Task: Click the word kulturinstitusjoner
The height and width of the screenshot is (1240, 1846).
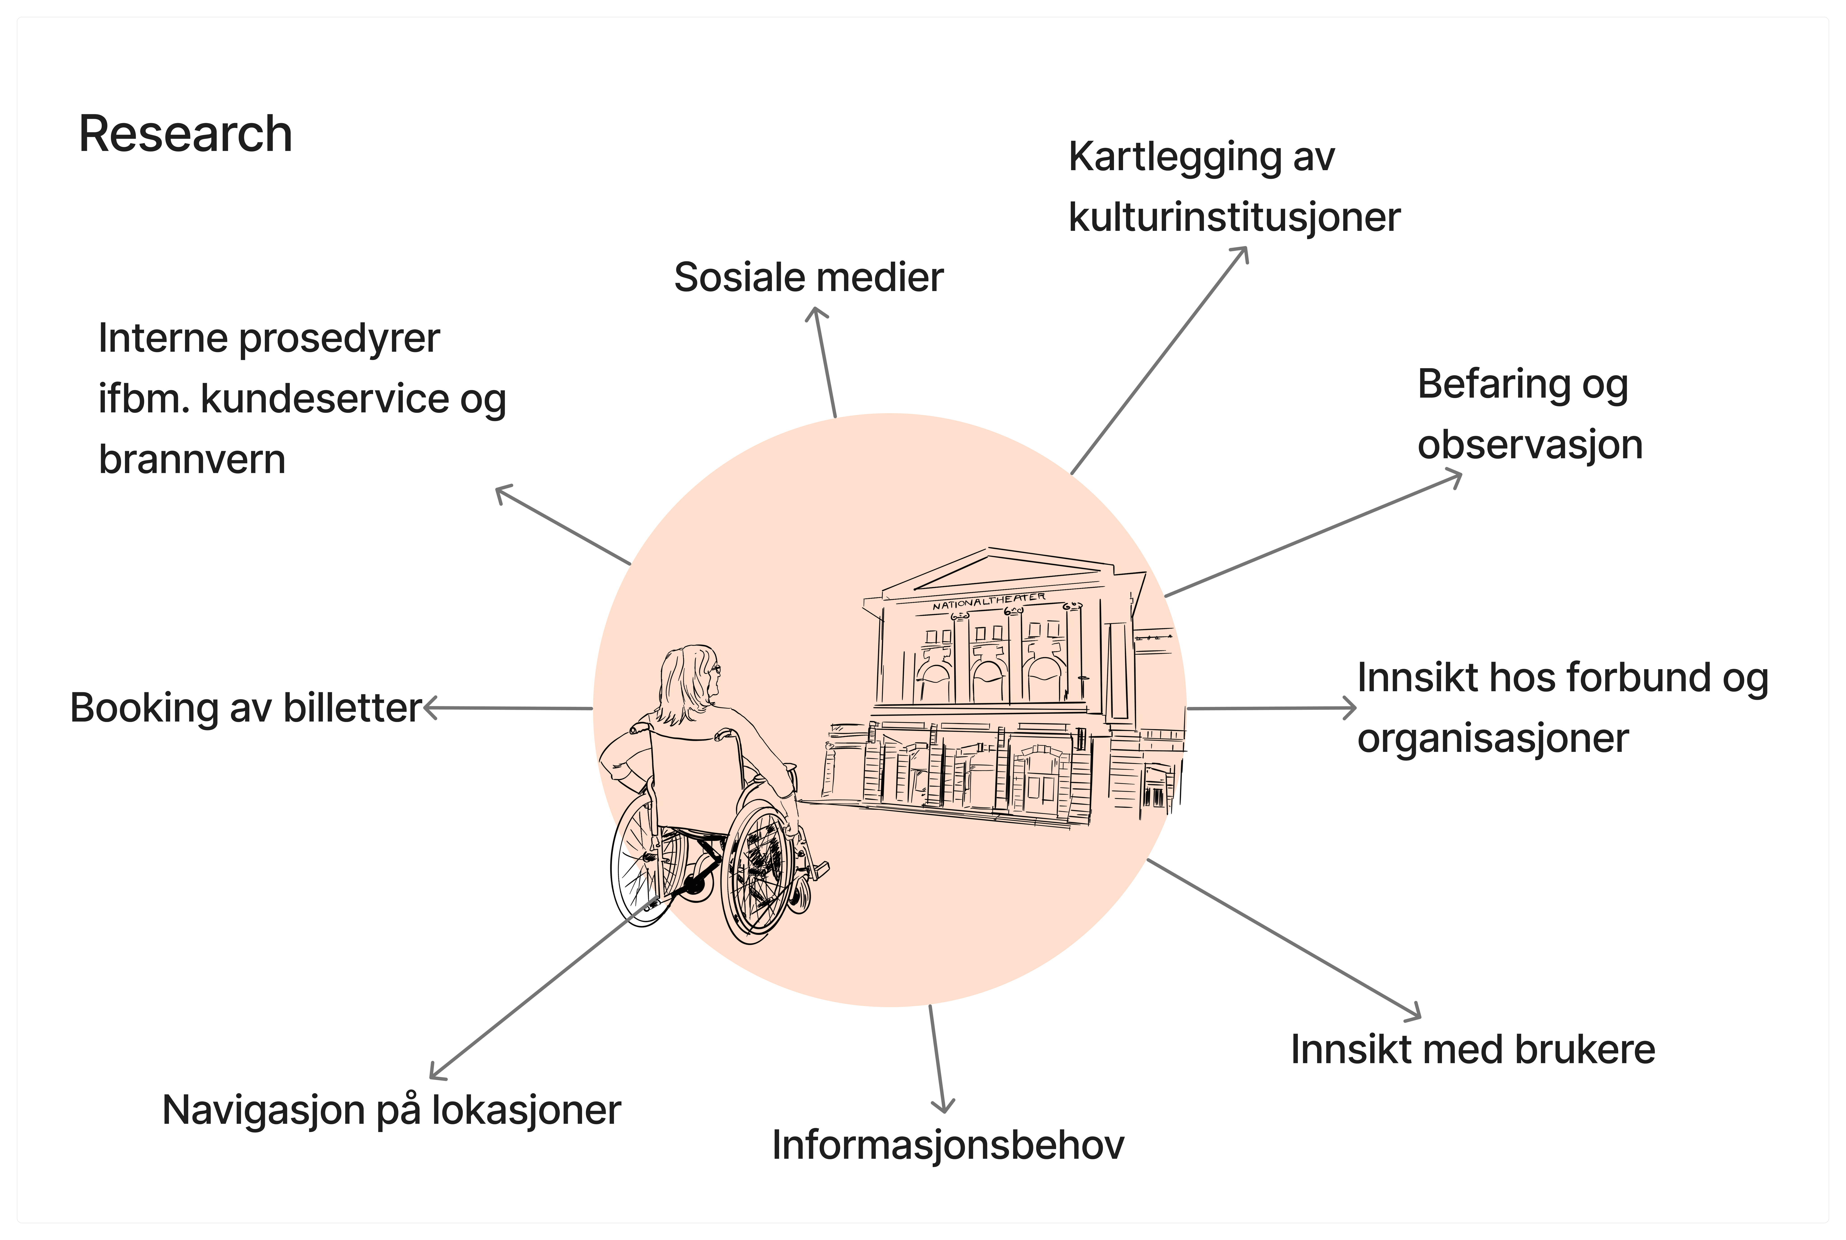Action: point(1233,218)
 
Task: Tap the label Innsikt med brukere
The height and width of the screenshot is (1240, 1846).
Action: point(1472,1050)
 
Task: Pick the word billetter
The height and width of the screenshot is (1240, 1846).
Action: point(352,708)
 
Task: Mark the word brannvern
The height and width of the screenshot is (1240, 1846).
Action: point(192,459)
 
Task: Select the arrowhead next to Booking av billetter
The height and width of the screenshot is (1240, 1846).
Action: point(429,708)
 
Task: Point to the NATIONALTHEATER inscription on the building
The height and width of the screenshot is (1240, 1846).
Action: point(988,601)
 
